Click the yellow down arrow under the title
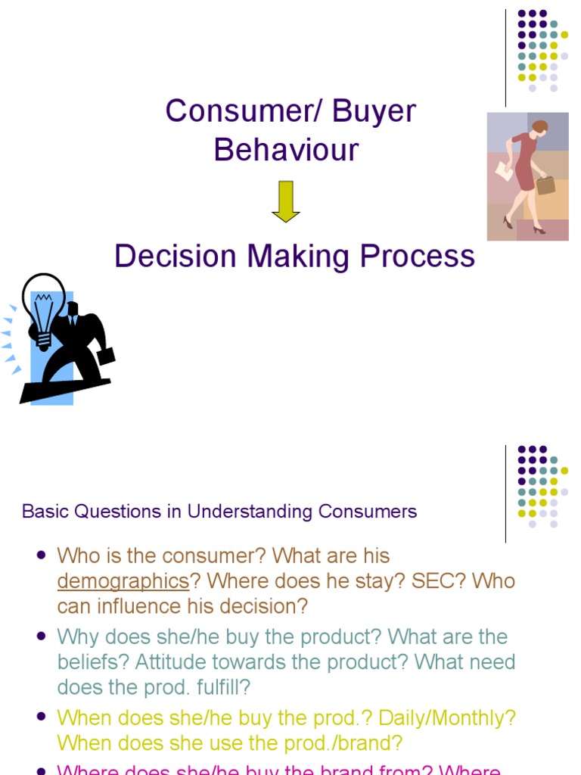[286, 202]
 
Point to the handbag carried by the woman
[545, 184]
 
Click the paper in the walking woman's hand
[504, 172]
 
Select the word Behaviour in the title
[286, 150]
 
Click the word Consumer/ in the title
[228, 112]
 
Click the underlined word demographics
[123, 581]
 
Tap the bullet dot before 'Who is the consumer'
[41, 555]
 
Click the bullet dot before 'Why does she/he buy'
[41, 636]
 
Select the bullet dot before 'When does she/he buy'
[41, 717]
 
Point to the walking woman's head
[540, 126]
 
